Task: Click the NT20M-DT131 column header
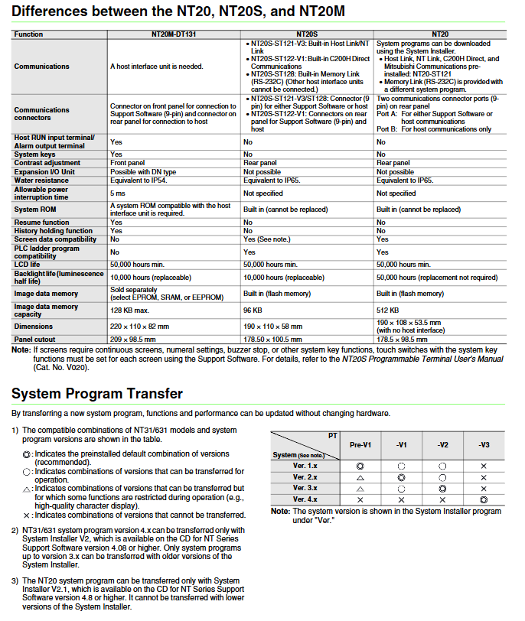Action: coord(174,35)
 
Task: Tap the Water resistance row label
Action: coord(41,180)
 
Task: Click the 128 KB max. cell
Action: coord(130,310)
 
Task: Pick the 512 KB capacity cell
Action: coord(387,310)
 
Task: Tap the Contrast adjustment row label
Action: coord(47,163)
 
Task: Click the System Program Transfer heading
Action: coord(97,394)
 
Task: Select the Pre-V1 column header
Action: coord(360,444)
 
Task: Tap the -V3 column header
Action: coord(483,444)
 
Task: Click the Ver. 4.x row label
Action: coord(306,499)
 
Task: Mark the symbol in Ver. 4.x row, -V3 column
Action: coord(483,499)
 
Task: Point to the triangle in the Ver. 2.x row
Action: coord(360,476)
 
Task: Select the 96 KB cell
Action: coord(253,310)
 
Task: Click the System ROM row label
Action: coord(36,209)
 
